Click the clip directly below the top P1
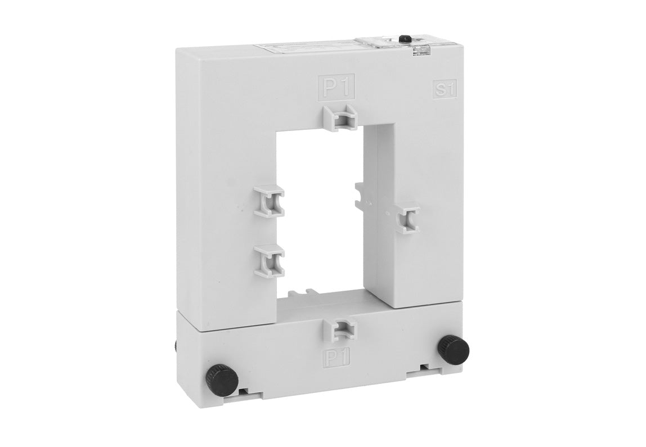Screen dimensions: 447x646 click(x=342, y=116)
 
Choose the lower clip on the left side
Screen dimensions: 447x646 click(x=269, y=261)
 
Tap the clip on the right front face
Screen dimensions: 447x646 click(x=407, y=218)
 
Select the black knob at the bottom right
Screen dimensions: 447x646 click(x=454, y=349)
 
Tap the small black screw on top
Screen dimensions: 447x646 click(x=403, y=39)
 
